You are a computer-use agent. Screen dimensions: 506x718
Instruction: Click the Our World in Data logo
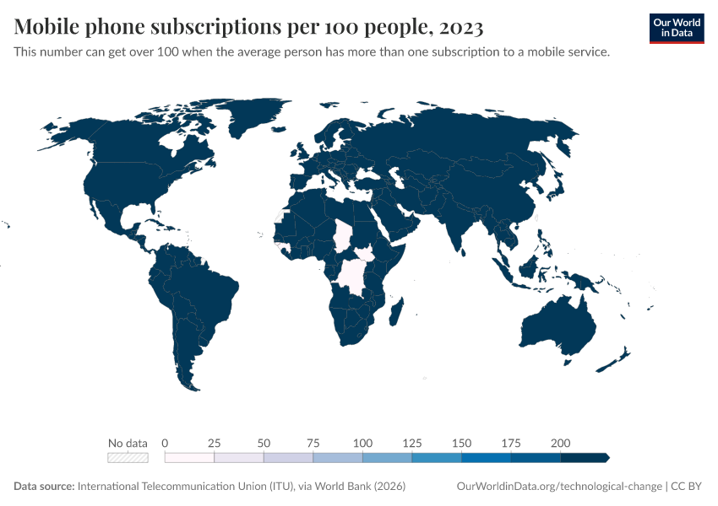point(676,28)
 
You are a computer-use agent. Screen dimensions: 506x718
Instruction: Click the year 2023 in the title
point(461,28)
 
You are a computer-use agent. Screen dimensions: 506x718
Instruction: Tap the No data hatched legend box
point(128,458)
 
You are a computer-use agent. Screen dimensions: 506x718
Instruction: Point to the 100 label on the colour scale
point(362,443)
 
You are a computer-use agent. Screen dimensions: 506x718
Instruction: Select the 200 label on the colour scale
point(560,443)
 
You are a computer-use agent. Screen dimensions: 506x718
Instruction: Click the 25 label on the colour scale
point(215,443)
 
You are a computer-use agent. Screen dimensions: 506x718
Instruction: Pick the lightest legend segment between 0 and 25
point(189,458)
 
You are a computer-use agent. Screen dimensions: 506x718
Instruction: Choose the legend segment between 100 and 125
point(387,458)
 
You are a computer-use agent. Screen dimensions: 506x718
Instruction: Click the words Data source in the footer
point(43,487)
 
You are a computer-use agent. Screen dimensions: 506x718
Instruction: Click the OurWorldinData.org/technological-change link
point(558,487)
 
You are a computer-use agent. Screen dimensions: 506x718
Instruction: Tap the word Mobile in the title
point(50,28)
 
